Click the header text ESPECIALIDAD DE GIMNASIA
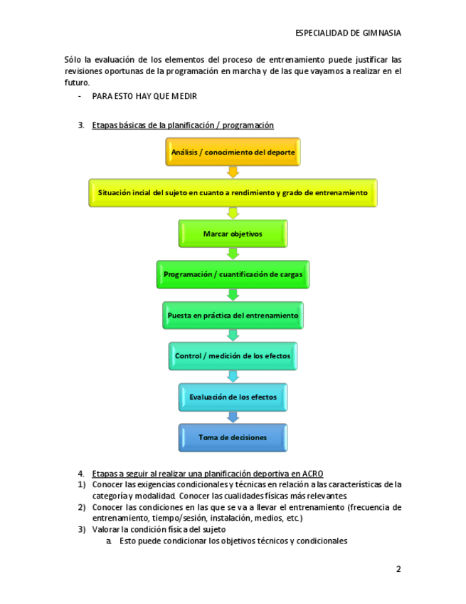pyautogui.click(x=348, y=33)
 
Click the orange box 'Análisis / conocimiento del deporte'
pyautogui.click(x=233, y=152)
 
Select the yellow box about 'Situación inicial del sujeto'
pyautogui.click(x=233, y=193)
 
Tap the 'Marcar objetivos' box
pyautogui.click(x=233, y=234)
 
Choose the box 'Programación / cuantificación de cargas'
pyautogui.click(x=233, y=274)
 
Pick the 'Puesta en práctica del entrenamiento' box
pyautogui.click(x=233, y=315)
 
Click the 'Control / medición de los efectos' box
pyautogui.click(x=233, y=355)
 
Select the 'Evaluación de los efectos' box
pyautogui.click(x=233, y=397)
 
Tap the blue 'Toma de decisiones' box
pyautogui.click(x=233, y=437)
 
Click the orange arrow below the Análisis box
pyautogui.click(x=233, y=172)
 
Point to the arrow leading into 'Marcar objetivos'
pyautogui.click(x=233, y=213)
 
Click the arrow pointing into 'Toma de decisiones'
pyautogui.click(x=233, y=417)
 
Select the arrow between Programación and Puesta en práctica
pyautogui.click(x=233, y=295)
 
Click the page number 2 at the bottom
pyautogui.click(x=398, y=569)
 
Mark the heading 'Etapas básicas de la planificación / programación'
pyautogui.click(x=183, y=125)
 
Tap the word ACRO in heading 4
pyautogui.click(x=313, y=474)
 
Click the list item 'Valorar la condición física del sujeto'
pyautogui.click(x=159, y=529)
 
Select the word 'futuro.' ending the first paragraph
pyautogui.click(x=77, y=83)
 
